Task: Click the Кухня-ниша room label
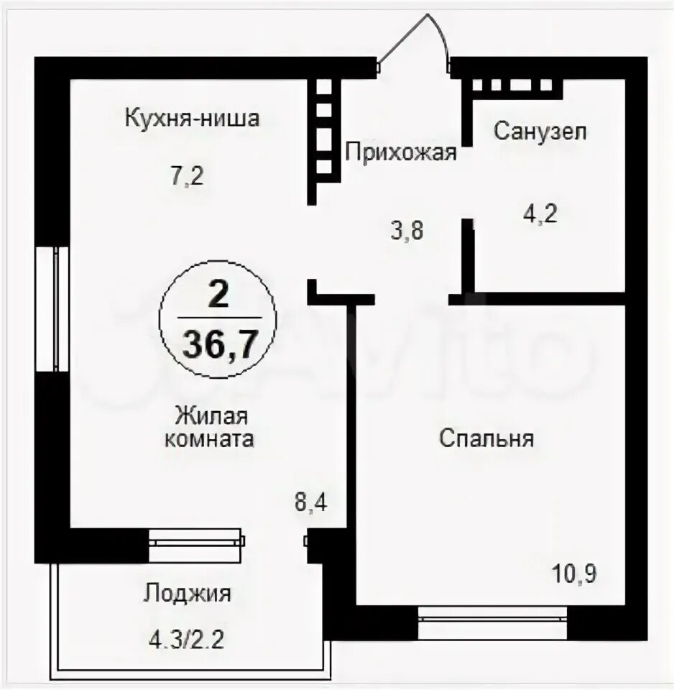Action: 193,118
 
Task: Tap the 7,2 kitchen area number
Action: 188,177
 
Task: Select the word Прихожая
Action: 401,153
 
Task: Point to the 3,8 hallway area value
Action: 407,231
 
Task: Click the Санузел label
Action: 540,131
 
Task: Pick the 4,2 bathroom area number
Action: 540,214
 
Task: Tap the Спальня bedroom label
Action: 486,438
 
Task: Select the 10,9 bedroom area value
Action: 574,574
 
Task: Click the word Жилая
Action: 212,415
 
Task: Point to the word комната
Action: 209,439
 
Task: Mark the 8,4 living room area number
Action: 310,502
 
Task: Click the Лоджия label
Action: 187,594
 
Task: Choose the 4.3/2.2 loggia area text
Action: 187,640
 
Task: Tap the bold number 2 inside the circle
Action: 218,295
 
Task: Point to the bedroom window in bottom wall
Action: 493,622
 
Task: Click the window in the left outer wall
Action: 52,308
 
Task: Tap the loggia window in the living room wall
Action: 195,546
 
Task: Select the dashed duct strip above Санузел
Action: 512,85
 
